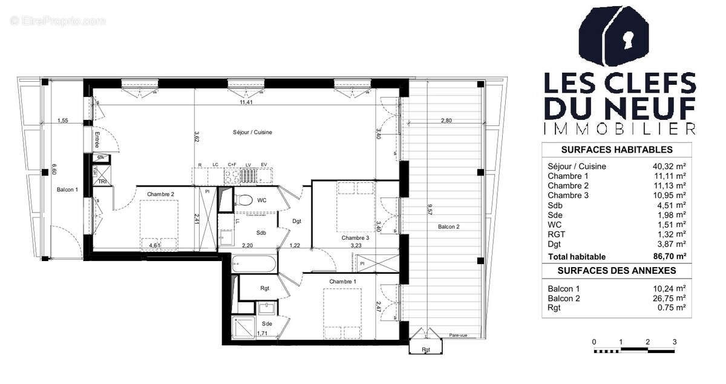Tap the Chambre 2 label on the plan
tap(160, 194)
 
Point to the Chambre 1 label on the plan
tap(342, 282)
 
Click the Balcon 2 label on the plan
tap(448, 227)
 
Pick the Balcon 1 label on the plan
tap(67, 190)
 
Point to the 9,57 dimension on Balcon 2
tap(430, 210)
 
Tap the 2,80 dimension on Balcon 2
tap(446, 121)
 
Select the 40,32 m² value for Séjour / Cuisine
tap(671, 166)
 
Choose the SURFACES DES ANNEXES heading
tap(616, 270)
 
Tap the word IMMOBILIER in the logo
tap(620, 128)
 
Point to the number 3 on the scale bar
tap(675, 342)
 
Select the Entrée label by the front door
tap(96, 142)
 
